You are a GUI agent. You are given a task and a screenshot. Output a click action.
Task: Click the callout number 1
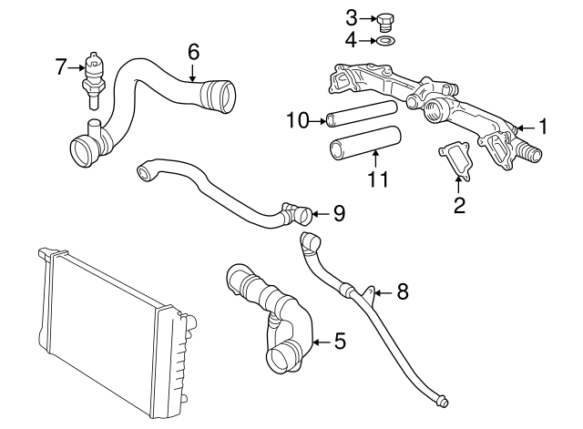pyautogui.click(x=543, y=127)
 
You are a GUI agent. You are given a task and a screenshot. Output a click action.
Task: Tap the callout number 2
pyautogui.click(x=459, y=205)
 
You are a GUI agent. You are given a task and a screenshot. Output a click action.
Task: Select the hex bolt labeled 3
pyautogui.click(x=386, y=23)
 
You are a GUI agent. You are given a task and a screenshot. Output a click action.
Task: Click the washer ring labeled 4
pyautogui.click(x=386, y=40)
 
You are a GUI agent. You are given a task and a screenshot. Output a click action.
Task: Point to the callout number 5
pyautogui.click(x=340, y=342)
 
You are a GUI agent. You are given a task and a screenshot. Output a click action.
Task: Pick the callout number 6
pyautogui.click(x=193, y=52)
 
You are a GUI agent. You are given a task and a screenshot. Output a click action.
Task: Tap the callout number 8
pyautogui.click(x=403, y=291)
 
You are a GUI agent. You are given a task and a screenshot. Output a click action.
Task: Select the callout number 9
pyautogui.click(x=339, y=213)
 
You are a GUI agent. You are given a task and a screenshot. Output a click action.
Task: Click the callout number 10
pyautogui.click(x=298, y=120)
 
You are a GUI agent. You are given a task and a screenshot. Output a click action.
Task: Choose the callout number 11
pyautogui.click(x=378, y=179)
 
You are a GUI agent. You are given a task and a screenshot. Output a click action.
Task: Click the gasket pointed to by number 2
pyautogui.click(x=455, y=162)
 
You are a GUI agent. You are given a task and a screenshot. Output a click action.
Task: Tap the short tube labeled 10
pyautogui.click(x=362, y=113)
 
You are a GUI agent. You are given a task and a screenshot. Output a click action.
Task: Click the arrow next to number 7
pyautogui.click(x=77, y=67)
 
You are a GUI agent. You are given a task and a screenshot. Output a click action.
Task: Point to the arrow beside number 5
pyautogui.click(x=322, y=342)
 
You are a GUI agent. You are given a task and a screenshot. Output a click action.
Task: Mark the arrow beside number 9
pyautogui.click(x=321, y=214)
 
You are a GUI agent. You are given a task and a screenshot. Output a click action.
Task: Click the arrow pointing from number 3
pyautogui.click(x=368, y=18)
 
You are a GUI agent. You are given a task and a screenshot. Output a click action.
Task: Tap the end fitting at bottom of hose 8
pyautogui.click(x=443, y=401)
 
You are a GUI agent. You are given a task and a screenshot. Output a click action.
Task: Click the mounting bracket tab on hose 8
pyautogui.click(x=370, y=292)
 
